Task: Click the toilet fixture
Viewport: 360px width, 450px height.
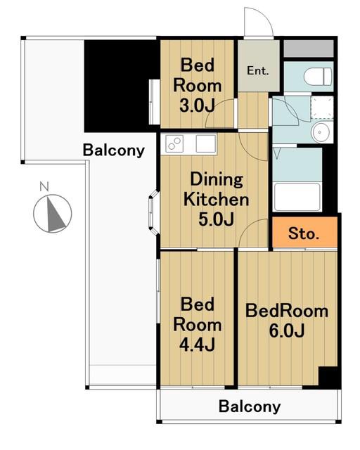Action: tap(318, 77)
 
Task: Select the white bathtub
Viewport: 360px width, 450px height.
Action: tap(297, 197)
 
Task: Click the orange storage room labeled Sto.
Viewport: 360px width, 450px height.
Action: tap(304, 232)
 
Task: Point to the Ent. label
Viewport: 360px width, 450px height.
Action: tap(258, 70)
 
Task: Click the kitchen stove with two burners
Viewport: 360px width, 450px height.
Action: tap(174, 143)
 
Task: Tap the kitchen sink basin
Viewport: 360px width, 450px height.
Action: tap(205, 143)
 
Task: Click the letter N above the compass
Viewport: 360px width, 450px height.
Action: tap(44, 187)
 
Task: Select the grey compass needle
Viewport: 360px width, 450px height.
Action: tap(55, 213)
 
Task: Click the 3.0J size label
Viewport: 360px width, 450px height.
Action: tap(197, 106)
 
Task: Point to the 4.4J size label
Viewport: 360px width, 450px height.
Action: tap(197, 345)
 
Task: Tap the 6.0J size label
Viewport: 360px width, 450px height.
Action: tap(286, 331)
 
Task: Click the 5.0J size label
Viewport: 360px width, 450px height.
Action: tap(216, 219)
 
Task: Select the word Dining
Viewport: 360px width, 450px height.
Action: tap(217, 180)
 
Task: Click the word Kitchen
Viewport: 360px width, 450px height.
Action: tap(216, 200)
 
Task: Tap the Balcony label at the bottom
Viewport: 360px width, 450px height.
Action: tap(250, 406)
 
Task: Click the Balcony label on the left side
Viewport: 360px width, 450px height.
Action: tap(114, 150)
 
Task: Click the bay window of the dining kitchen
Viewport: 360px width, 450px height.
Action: tap(153, 212)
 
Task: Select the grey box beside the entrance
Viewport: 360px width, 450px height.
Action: tap(309, 49)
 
